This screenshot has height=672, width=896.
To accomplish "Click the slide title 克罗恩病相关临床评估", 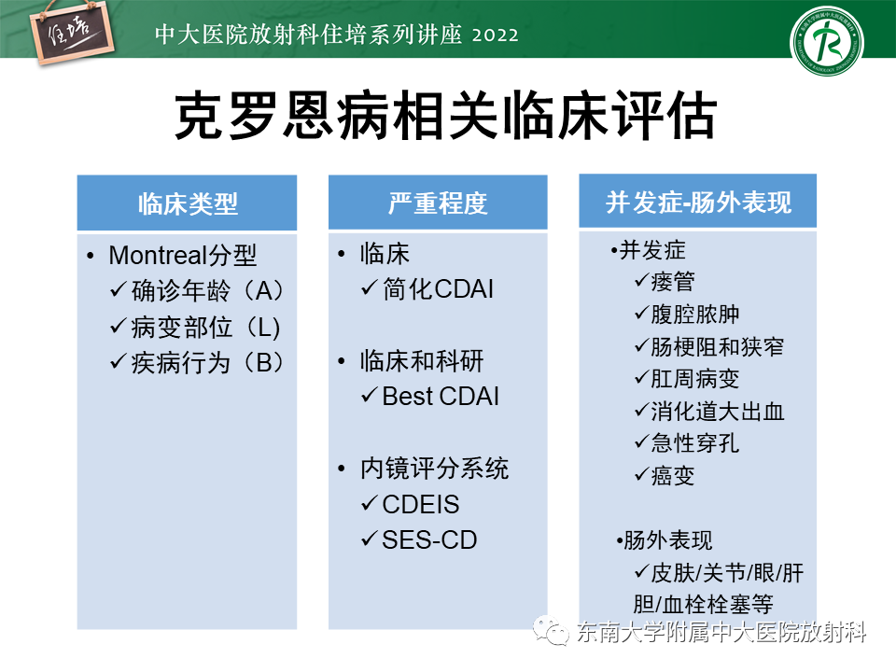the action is pos(446,116).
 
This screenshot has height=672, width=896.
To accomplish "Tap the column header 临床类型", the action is pos(188,203).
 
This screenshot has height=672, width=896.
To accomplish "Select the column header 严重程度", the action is pos(438,203).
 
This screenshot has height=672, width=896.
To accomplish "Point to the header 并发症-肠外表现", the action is pos(698,203).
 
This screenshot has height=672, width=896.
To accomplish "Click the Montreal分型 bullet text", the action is pos(183,255).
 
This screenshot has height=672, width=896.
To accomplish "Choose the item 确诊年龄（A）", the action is pos(208,291).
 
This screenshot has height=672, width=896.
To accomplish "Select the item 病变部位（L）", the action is pos(205,327).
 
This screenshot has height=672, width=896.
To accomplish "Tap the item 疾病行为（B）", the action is pos(208,362).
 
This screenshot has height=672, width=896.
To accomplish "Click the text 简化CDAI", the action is pos(438,288).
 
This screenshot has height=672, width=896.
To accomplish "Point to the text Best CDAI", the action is pos(441,396).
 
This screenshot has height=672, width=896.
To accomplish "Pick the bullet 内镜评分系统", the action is pos(434,469).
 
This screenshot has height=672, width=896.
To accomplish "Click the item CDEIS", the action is pos(421,505).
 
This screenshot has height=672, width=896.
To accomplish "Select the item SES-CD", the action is pos(429,540).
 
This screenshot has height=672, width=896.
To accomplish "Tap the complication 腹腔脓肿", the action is pos(694,314).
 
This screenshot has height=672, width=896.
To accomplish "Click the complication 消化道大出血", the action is pos(717,411).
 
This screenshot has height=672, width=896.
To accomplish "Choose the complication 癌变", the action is pos(673,475).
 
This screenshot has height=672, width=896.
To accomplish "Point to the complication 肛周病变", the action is pos(694,378).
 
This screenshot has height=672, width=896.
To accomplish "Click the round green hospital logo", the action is pos(826,42).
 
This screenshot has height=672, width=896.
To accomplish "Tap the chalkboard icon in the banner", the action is pos(72,34).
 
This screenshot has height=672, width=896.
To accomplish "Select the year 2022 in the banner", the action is pos(496,35).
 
